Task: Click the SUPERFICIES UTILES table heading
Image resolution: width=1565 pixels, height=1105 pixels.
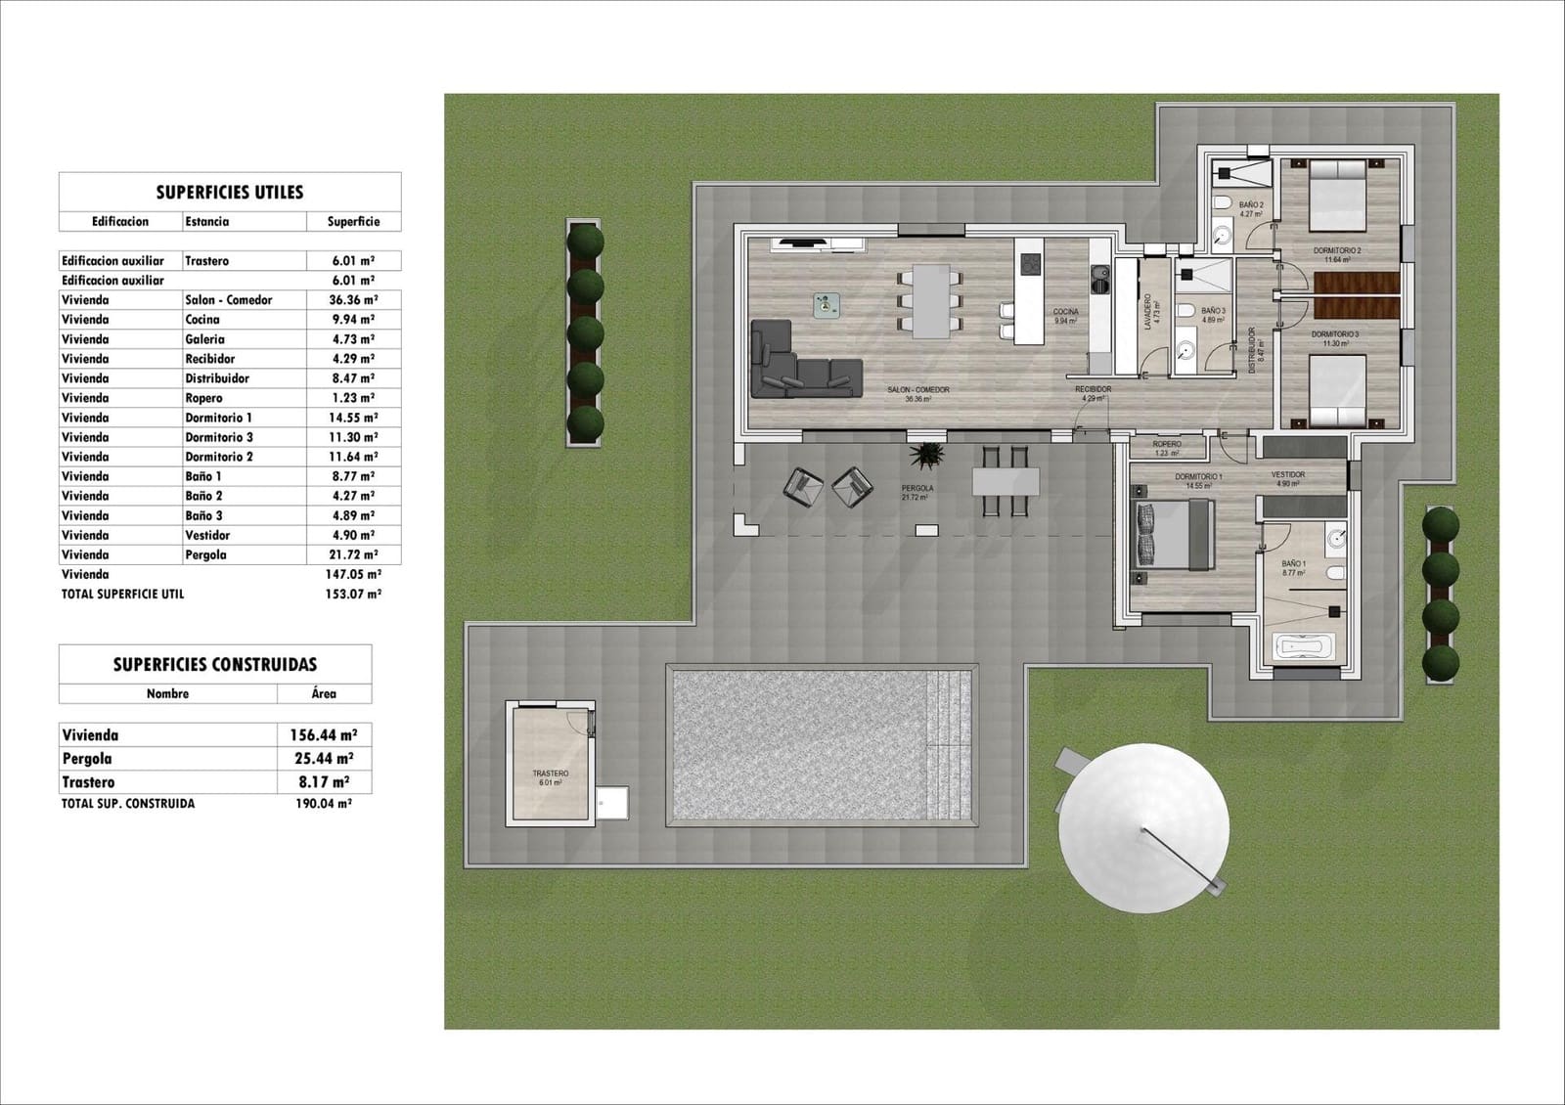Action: [230, 193]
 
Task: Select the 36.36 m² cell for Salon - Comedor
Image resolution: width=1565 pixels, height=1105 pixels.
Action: [354, 300]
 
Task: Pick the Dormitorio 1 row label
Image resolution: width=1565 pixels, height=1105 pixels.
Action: [219, 418]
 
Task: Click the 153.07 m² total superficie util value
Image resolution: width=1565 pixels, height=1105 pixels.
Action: [353, 594]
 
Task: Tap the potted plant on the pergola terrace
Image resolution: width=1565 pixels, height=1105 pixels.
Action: [925, 455]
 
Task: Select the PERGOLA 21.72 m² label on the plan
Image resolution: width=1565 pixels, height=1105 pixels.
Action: [917, 492]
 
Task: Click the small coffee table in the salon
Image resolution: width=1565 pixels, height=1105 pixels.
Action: [827, 306]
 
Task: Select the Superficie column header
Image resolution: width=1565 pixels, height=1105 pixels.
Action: [353, 222]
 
